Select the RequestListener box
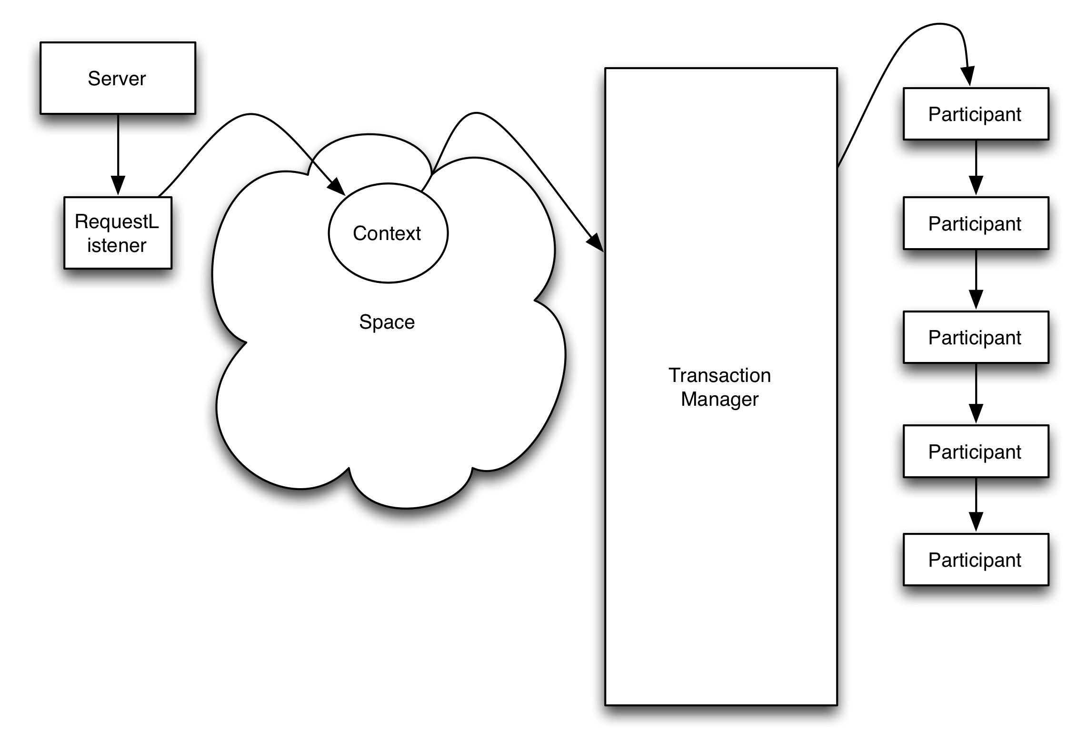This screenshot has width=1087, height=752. point(118,233)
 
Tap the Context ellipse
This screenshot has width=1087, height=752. point(388,233)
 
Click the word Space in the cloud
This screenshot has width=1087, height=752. point(387,322)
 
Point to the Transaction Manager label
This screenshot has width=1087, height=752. point(719,387)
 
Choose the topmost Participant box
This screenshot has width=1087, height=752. point(976,114)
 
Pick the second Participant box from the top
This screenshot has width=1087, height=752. point(976,223)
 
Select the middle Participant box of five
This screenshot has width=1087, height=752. point(976,337)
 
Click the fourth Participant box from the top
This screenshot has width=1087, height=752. point(976,451)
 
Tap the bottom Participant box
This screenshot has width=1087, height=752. point(976,560)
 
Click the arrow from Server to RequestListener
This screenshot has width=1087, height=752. point(118,152)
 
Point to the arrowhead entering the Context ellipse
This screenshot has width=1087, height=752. point(338,187)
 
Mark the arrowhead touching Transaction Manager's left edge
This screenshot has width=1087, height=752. point(596,242)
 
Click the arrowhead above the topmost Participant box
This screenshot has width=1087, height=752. point(967,77)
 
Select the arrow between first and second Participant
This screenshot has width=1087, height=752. point(976,167)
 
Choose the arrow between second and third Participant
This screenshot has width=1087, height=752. point(976,280)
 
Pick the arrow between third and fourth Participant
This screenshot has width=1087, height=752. point(976,393)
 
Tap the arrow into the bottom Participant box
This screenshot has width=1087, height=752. point(976,504)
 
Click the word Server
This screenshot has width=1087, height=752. point(117,79)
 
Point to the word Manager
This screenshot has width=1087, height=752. point(719,399)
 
